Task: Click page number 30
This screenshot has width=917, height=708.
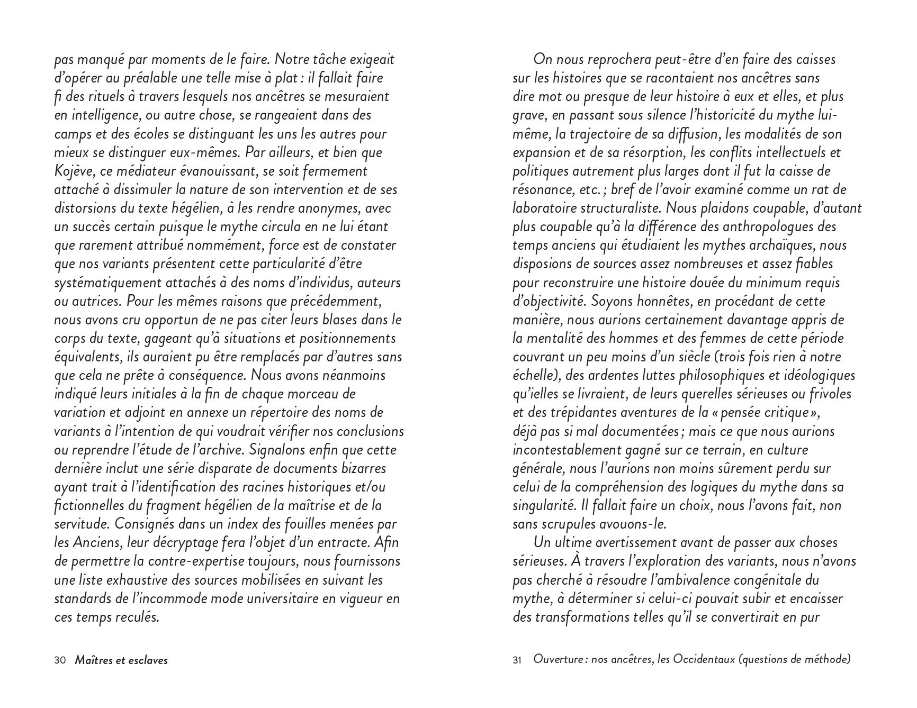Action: (60, 660)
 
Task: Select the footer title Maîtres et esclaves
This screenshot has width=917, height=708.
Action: (121, 660)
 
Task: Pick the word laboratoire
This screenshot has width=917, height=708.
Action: (543, 208)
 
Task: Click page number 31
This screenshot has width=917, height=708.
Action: (517, 660)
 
